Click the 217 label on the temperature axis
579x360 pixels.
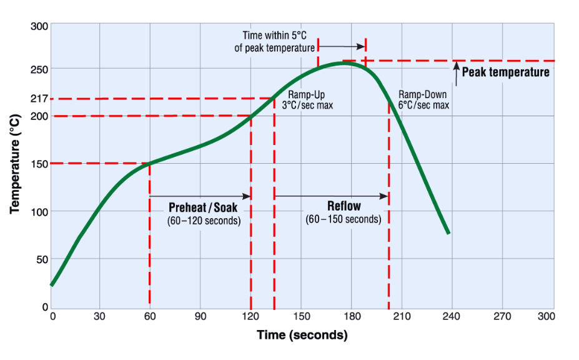pyautogui.click(x=38, y=99)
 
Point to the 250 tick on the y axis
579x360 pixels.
pyautogui.click(x=38, y=69)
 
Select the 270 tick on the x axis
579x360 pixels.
pyautogui.click(x=502, y=317)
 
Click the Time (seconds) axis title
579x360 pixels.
pyautogui.click(x=302, y=335)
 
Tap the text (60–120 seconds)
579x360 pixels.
pyautogui.click(x=204, y=221)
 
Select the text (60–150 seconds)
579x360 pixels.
pyautogui.click(x=343, y=219)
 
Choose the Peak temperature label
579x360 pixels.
pyautogui.click(x=505, y=72)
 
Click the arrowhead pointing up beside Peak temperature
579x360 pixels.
pyautogui.click(x=455, y=64)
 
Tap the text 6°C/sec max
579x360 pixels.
pyautogui.click(x=423, y=105)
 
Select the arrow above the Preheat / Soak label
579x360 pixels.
pyautogui.click(x=200, y=196)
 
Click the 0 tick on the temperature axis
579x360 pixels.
pyautogui.click(x=44, y=307)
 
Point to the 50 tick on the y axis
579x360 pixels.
pyautogui.click(x=41, y=259)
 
